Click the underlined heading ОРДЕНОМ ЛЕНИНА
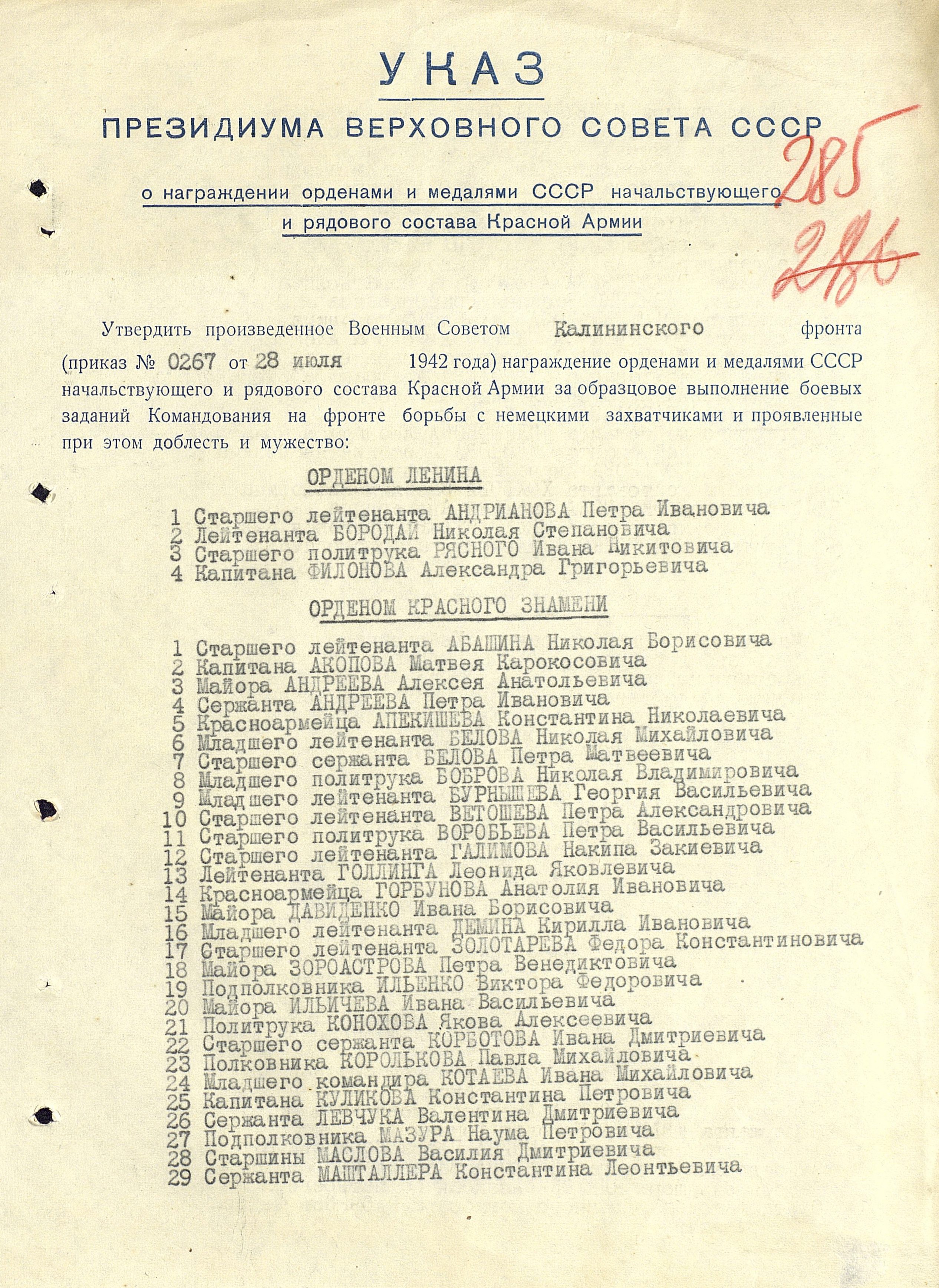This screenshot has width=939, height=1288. point(394,477)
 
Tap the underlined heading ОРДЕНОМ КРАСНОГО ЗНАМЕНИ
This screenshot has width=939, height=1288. point(458,608)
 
